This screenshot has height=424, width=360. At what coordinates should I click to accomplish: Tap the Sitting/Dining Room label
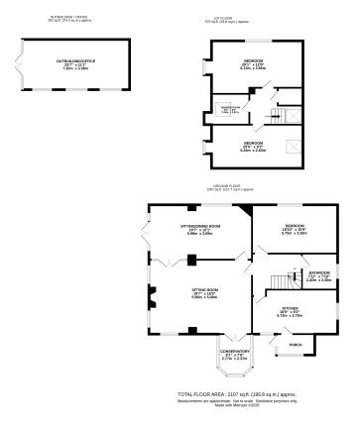(x=199, y=228)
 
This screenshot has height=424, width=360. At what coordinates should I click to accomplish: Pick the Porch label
(x=295, y=346)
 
